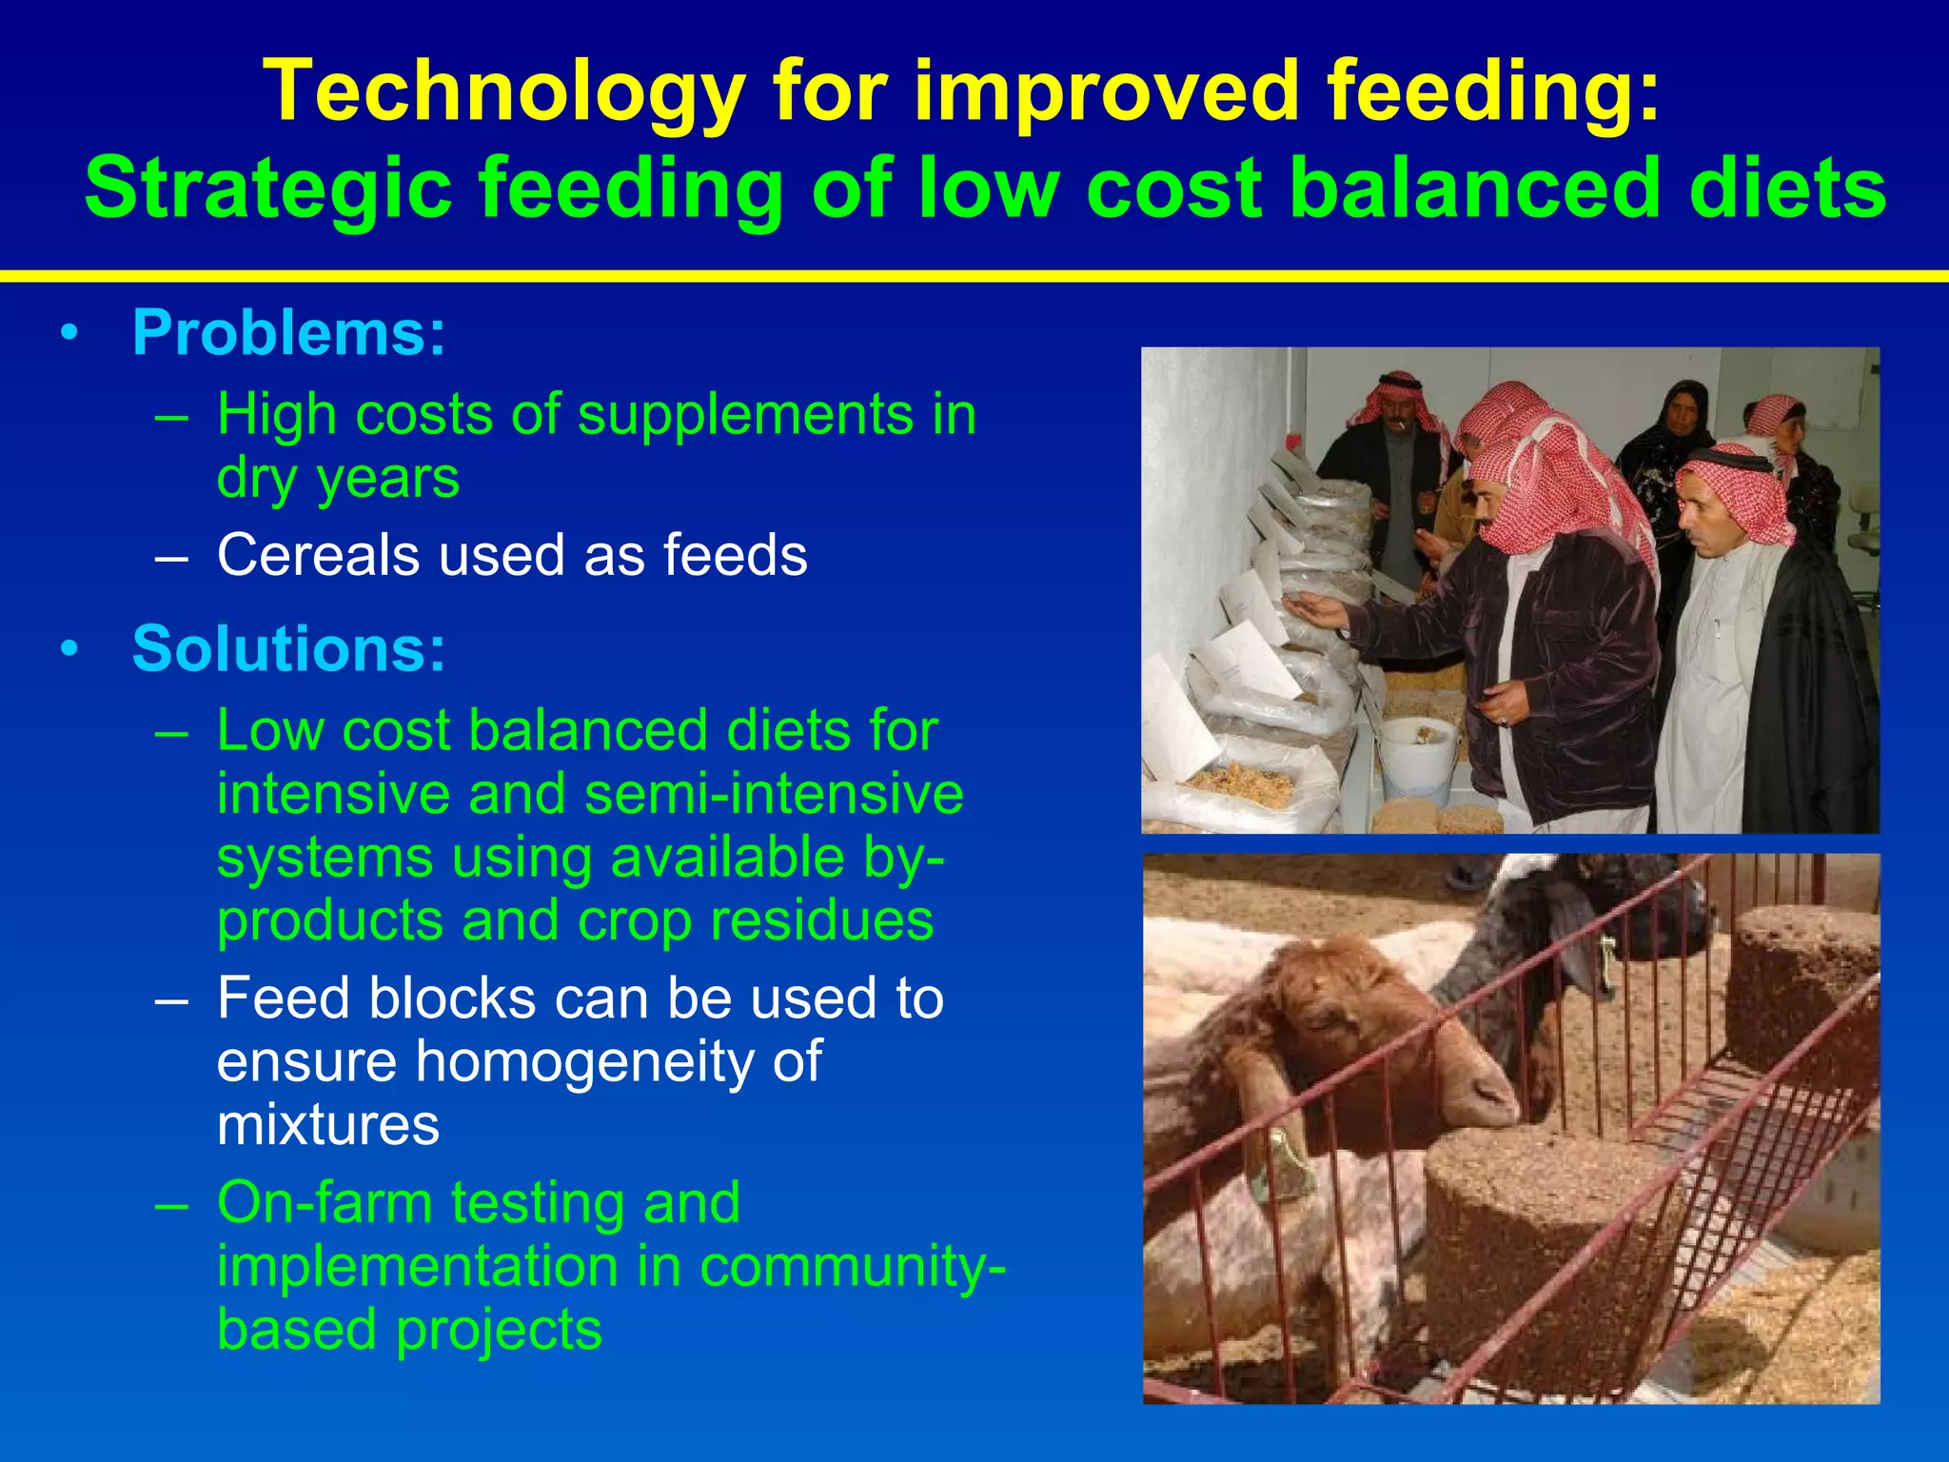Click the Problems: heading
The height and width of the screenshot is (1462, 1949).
[x=288, y=333]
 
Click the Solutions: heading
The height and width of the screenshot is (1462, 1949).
[x=288, y=649]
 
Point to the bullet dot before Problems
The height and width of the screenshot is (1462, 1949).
[x=69, y=335]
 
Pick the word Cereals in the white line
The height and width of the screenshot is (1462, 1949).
[x=318, y=555]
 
